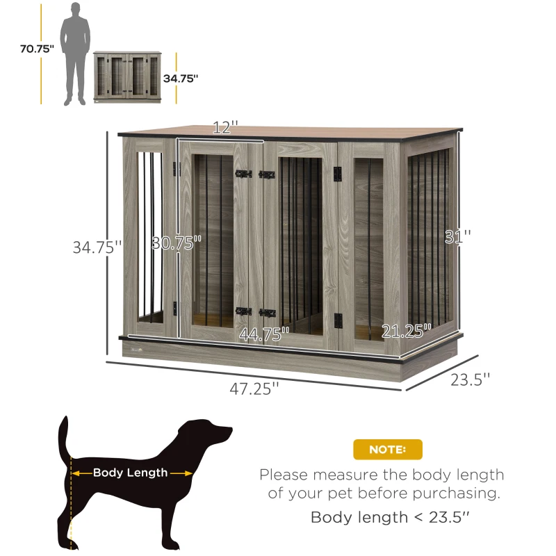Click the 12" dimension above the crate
tap(225, 128)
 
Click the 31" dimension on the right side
tap(458, 236)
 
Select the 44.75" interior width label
tap(264, 334)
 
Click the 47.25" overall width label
tap(254, 390)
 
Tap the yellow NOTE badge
tap(387, 449)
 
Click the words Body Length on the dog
tap(131, 473)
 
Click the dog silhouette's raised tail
tap(65, 438)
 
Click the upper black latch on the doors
tap(253, 174)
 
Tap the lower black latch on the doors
tap(253, 312)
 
